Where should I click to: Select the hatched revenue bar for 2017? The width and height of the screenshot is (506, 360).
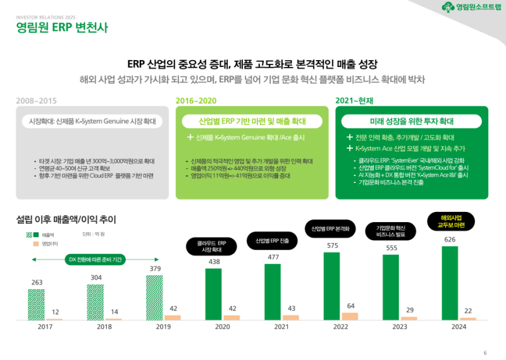tap(36, 304)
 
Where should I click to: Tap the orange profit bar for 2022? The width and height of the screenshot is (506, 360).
tap(349, 316)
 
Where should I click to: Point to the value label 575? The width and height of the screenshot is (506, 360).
tap(333, 245)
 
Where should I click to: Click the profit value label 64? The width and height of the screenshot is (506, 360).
tap(350, 306)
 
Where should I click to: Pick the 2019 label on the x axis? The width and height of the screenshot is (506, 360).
tap(163, 327)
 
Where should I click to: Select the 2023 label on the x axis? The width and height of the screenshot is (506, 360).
tap(400, 327)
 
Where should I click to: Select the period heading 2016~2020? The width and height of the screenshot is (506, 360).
tap(195, 100)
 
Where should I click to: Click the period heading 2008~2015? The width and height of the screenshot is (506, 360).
tap(36, 100)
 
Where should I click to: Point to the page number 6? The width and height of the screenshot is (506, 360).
tap(484, 352)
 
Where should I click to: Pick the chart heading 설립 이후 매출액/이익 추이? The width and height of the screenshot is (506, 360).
tap(66, 220)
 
